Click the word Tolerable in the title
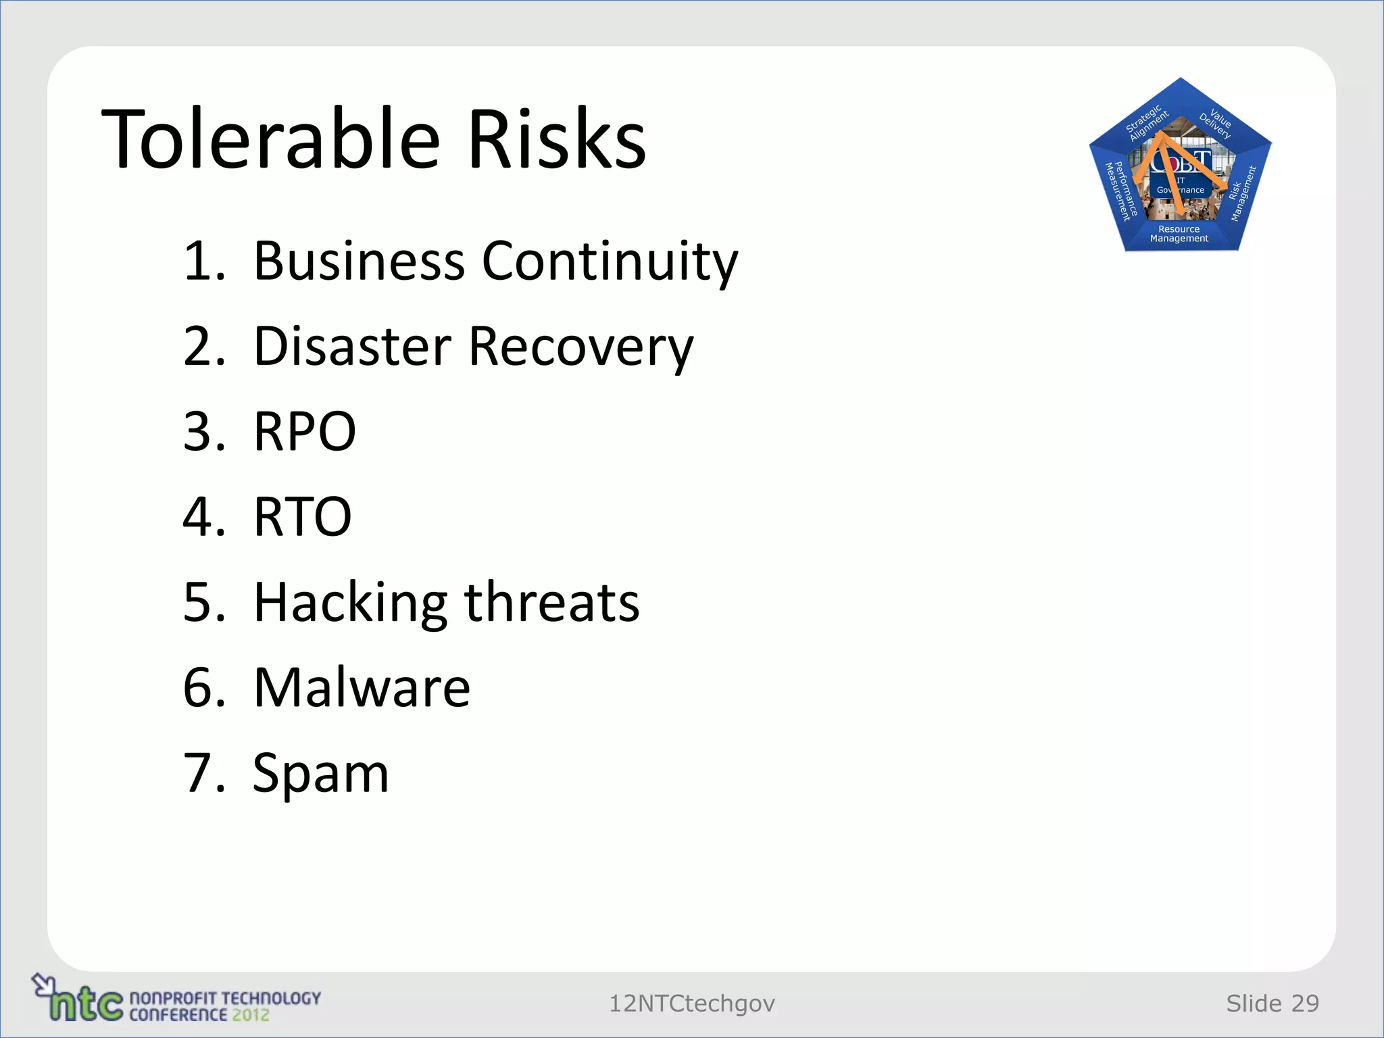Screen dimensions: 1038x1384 click(x=270, y=139)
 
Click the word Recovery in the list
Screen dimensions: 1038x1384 click(x=580, y=347)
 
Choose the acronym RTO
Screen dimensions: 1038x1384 click(x=302, y=517)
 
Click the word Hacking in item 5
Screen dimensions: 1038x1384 click(x=350, y=602)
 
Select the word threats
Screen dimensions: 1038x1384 click(x=551, y=602)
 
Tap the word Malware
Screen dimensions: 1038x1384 click(x=362, y=687)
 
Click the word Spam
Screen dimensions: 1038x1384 click(x=320, y=773)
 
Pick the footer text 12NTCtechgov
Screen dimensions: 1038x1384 click(x=691, y=1004)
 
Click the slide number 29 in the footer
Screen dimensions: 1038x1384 click(x=1305, y=1004)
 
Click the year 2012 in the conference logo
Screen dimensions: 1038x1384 click(x=251, y=1014)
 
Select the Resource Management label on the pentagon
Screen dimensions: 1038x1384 click(x=1179, y=234)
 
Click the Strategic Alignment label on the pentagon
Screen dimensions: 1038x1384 click(x=1146, y=122)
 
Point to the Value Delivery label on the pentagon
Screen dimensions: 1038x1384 click(x=1217, y=122)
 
